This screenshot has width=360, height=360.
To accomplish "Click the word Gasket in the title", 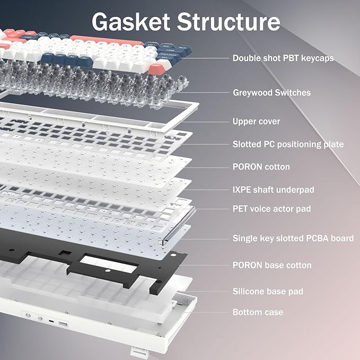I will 129,22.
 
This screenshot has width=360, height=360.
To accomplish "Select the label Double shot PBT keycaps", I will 283,58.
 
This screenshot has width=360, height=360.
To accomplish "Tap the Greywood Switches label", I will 271,93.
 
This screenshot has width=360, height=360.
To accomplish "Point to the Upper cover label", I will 256,121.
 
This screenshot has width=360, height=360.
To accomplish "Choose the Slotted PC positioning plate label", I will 288,144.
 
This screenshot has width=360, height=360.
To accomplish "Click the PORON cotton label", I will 261,167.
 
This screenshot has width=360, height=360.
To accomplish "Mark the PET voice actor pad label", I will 271,209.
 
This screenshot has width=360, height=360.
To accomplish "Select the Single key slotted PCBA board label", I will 293,239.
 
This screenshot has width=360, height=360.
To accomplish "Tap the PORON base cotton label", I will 271,265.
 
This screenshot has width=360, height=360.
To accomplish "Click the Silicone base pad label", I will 268,291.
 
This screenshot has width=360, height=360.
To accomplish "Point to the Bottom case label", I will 258,312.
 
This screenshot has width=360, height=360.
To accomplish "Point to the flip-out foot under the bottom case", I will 137,350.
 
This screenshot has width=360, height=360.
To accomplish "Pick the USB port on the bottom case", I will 63,323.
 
